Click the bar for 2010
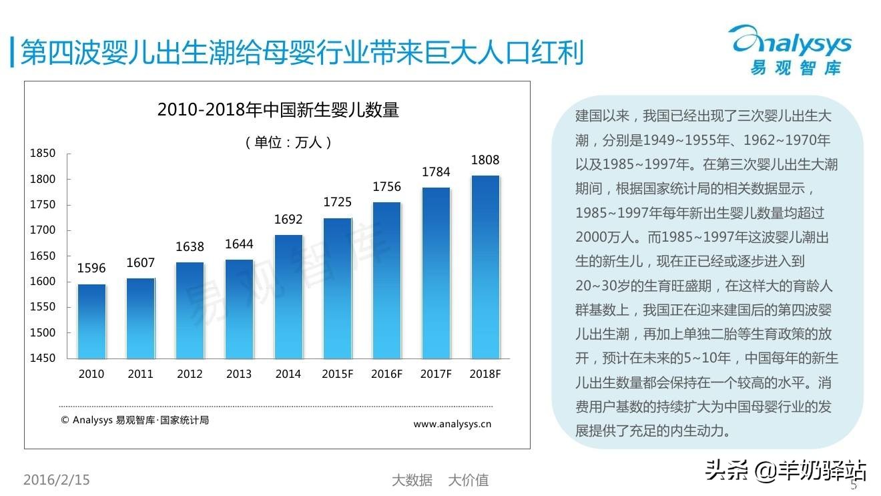91,321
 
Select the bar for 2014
288,296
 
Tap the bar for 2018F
485,267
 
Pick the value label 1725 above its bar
338,202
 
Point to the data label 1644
239,244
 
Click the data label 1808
485,160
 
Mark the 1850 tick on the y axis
43,154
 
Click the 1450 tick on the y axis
43,358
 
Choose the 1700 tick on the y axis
43,230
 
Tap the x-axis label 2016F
387,374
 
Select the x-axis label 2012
190,374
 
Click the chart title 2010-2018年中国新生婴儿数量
278,110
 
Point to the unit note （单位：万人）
288,142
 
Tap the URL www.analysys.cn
452,423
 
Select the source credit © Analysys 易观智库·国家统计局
135,420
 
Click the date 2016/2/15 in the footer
57,479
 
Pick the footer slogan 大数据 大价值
440,480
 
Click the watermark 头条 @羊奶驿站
785,471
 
